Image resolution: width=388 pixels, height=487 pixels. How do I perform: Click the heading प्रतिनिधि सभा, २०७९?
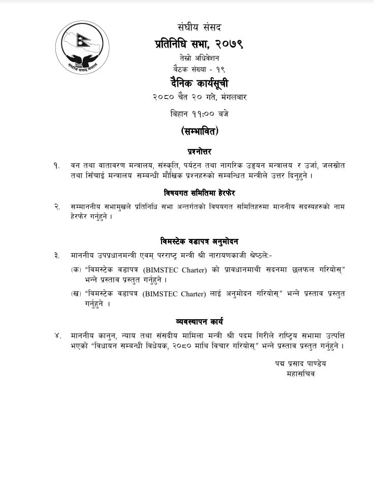pos(199,44)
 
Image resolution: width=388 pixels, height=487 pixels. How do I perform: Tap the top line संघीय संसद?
pos(200,27)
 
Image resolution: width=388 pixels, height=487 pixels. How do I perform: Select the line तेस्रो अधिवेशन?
pos(199,58)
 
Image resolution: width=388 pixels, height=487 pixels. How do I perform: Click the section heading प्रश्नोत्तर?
pos(199,151)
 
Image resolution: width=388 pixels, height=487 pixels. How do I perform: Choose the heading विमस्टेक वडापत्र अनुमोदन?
pos(199,241)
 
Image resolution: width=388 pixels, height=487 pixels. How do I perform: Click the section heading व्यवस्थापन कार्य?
pos(199,322)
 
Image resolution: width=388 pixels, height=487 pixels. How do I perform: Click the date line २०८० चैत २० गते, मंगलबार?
pos(199,96)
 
